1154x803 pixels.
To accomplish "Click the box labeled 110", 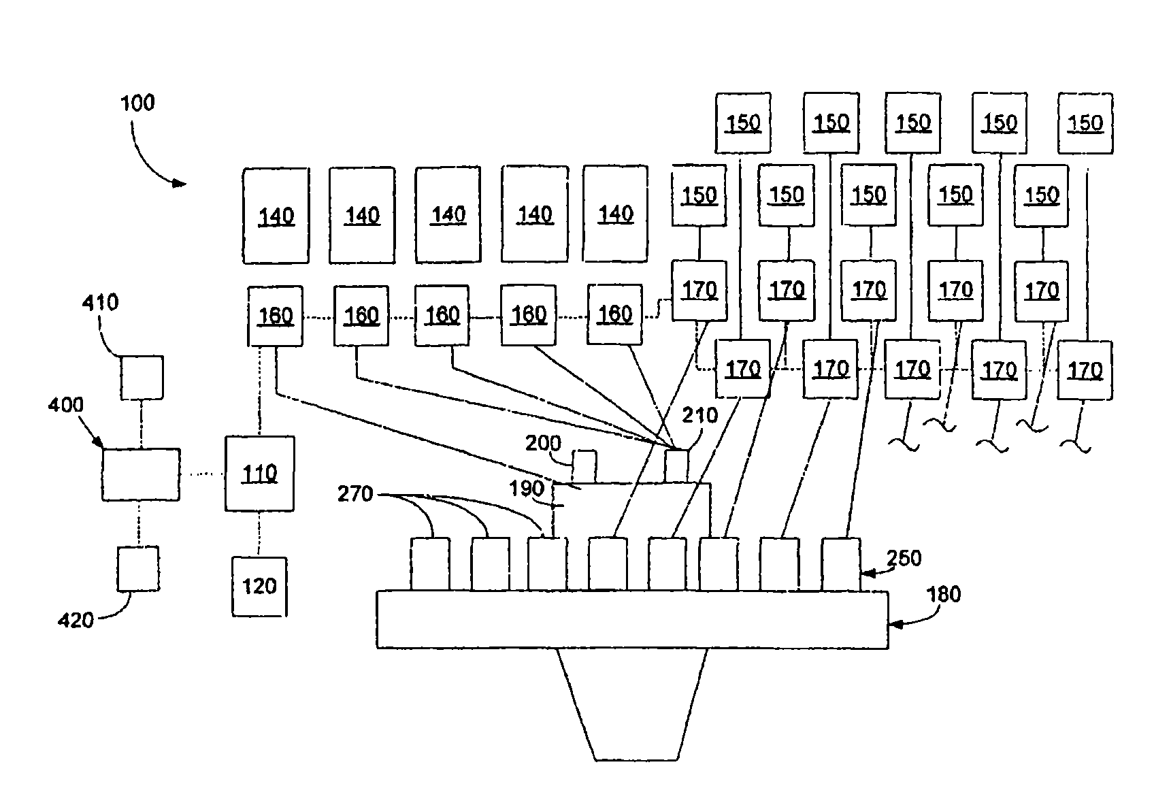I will coord(259,473).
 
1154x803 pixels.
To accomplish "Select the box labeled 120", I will coord(259,586).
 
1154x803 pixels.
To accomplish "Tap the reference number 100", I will coord(137,103).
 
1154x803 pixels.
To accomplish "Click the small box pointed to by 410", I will coord(142,377).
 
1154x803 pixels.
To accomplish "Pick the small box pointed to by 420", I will coord(138,568).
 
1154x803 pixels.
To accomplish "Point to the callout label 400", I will coord(66,406).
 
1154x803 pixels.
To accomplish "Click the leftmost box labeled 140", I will coord(276,216).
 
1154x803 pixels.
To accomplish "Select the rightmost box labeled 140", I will coord(615,214).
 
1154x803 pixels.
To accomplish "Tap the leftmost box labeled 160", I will coord(275,316).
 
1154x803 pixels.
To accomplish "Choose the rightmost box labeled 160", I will coord(614,314).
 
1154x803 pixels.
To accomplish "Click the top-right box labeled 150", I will coord(1085,123).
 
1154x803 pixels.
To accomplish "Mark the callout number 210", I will coord(700,415).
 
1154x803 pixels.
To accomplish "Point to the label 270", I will coord(356,493).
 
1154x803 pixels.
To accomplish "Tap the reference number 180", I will coord(943,595).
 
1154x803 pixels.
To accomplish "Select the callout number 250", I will coord(904,558).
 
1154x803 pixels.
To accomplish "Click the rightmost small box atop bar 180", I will coord(840,563).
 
